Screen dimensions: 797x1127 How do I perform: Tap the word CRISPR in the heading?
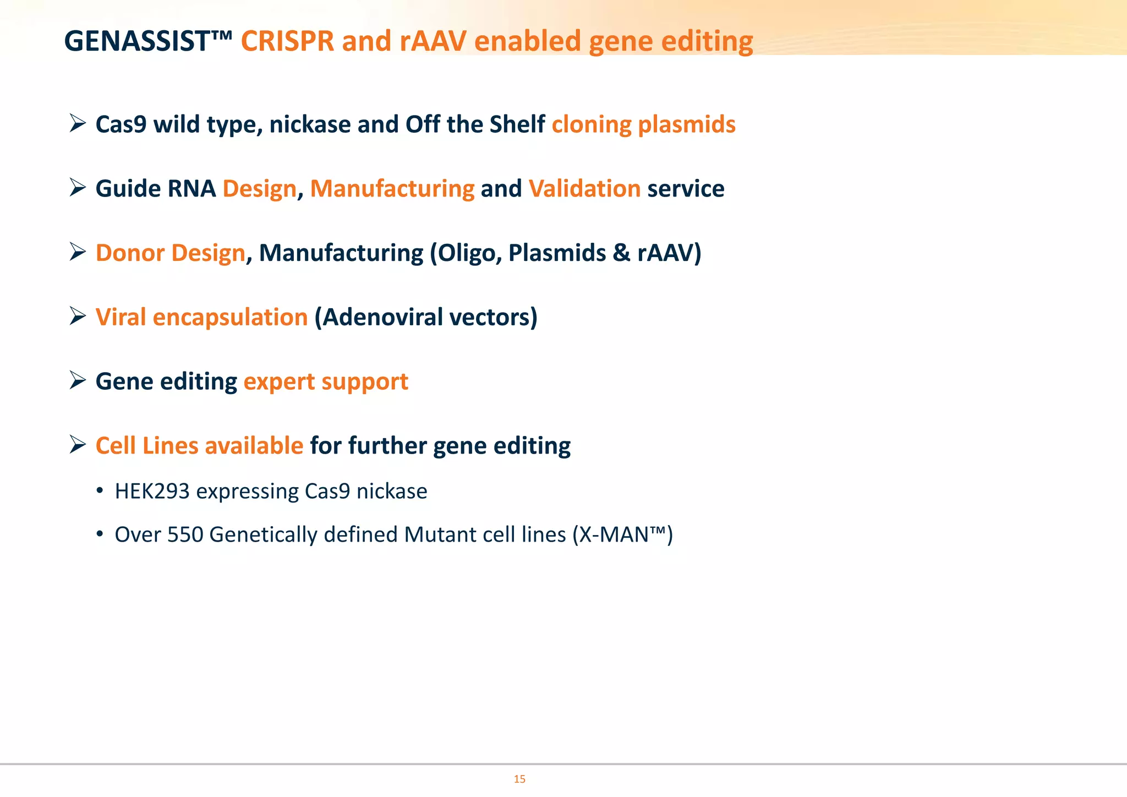(287, 41)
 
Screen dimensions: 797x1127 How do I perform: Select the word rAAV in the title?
(433, 41)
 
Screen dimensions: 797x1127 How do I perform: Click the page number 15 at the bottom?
(519, 779)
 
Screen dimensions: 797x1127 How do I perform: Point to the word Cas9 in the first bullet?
(121, 124)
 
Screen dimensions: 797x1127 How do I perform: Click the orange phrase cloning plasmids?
(643, 124)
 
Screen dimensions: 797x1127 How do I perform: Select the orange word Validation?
(584, 189)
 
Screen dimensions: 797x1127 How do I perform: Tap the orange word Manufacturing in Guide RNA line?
(392, 189)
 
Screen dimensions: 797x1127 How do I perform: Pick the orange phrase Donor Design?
(170, 253)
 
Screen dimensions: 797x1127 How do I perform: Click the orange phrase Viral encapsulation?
(201, 318)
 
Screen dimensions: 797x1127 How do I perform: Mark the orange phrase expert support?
(326, 382)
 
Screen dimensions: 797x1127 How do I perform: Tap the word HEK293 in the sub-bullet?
(152, 492)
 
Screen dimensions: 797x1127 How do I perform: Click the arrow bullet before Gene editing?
(78, 380)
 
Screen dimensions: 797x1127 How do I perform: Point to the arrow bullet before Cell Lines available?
(78, 445)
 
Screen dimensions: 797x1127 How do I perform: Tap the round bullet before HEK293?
(100, 491)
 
